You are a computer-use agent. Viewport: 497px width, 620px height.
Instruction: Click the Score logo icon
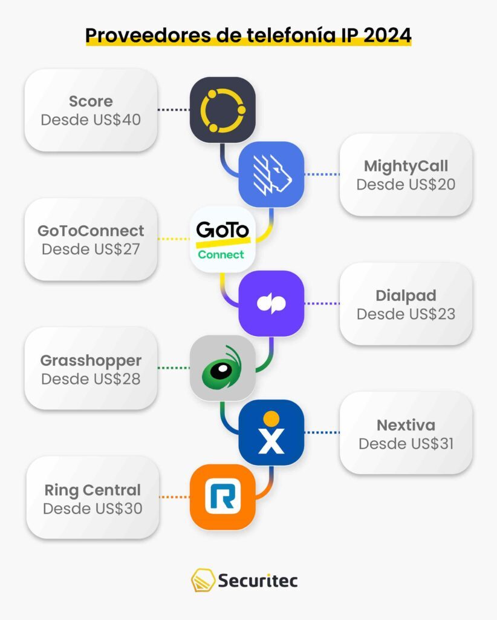click(222, 110)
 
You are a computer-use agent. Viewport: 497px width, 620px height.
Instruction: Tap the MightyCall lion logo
click(271, 174)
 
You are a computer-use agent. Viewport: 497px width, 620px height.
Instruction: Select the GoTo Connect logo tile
click(222, 239)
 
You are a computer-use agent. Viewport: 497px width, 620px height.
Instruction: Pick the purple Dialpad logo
click(271, 303)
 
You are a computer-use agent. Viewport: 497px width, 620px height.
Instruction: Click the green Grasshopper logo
click(222, 368)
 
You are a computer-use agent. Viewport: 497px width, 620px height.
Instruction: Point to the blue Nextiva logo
click(271, 432)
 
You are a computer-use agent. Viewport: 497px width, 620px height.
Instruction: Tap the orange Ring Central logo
click(222, 496)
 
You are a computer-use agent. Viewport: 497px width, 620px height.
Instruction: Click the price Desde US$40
click(91, 119)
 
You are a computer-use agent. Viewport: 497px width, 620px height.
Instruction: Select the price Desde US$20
click(406, 184)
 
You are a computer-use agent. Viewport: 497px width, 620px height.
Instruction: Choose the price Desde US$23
click(406, 314)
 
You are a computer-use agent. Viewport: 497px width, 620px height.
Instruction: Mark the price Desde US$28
click(91, 378)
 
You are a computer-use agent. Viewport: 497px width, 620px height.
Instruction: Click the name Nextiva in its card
click(406, 425)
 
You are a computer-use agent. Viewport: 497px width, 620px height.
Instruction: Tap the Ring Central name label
click(92, 490)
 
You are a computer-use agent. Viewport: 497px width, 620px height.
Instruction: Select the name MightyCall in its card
click(406, 166)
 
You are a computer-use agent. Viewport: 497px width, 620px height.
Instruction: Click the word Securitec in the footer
click(257, 581)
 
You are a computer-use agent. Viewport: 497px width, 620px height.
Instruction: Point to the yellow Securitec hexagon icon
click(202, 581)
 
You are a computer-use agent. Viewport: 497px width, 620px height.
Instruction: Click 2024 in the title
click(385, 35)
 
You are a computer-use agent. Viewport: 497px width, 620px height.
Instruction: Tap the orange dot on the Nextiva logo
click(271, 418)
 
